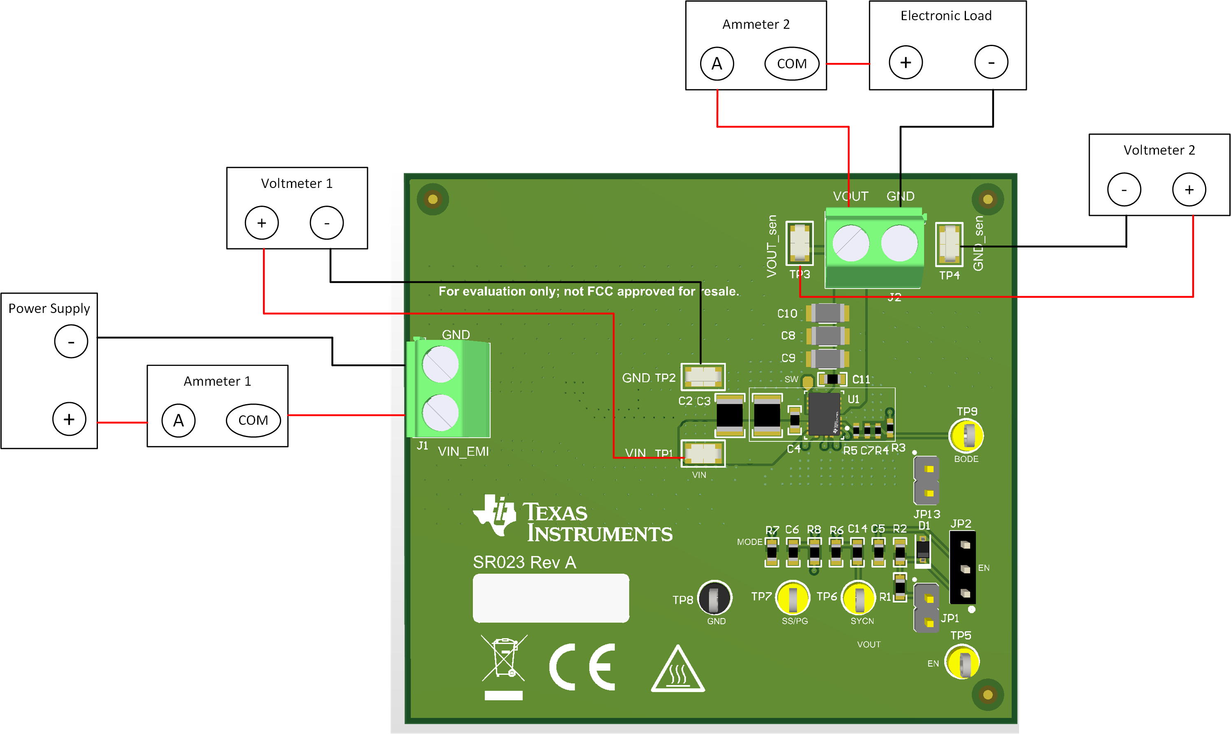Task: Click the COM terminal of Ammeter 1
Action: [x=253, y=420]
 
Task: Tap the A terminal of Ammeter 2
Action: [x=717, y=63]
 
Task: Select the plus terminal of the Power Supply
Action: [x=69, y=419]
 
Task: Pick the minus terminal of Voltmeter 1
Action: [x=326, y=222]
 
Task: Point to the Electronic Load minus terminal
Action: [x=991, y=63]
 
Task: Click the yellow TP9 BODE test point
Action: [x=966, y=435]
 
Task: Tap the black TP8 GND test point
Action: [x=714, y=597]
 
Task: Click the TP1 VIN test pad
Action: [x=703, y=453]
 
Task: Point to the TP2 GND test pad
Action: [x=703, y=377]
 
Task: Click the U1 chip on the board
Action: [x=824, y=414]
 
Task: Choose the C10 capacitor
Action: [x=827, y=313]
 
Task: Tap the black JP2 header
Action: [x=963, y=567]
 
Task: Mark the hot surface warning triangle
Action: [x=677, y=670]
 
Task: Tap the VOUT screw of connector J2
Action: [x=850, y=243]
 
